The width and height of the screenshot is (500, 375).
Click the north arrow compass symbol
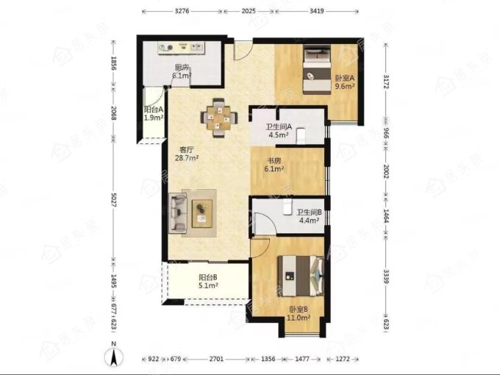114,357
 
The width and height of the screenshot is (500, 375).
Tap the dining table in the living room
219,118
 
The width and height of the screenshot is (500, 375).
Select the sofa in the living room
177,213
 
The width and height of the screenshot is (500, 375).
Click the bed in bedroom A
317,69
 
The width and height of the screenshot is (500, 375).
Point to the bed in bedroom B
301,276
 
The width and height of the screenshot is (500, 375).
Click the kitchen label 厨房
182,68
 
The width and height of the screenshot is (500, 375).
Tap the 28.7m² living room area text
187,158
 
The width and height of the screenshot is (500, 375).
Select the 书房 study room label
274,161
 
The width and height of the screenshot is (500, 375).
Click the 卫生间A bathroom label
279,126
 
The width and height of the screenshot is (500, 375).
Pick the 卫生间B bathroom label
310,213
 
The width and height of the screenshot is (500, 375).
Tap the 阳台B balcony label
208,277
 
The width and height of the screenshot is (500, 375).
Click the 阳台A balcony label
154,110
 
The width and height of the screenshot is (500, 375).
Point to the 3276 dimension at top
182,11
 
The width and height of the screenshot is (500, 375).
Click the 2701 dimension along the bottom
216,359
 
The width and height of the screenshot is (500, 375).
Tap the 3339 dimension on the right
386,276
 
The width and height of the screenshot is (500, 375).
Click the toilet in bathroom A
301,136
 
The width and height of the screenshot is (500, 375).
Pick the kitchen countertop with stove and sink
182,48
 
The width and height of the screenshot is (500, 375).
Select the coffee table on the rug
202,213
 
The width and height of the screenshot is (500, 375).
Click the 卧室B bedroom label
299,310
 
